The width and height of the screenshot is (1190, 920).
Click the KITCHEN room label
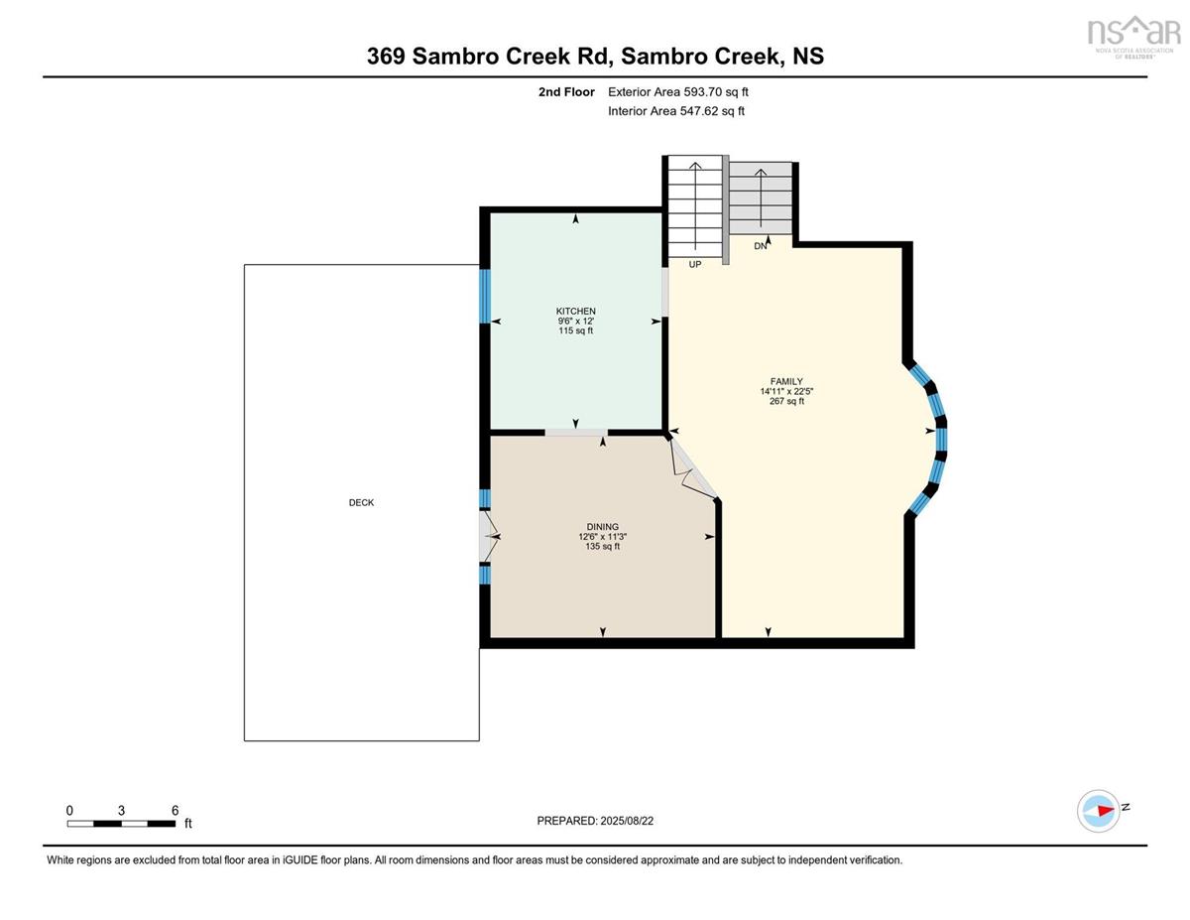tap(575, 311)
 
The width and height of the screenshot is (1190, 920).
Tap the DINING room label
tap(602, 527)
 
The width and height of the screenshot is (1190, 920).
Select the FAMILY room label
tap(786, 381)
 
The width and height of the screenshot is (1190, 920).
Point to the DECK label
tap(361, 502)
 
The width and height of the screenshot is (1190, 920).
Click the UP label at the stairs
tap(695, 265)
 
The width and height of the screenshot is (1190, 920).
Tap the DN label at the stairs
tap(760, 246)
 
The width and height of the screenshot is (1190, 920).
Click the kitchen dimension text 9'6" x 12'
tap(575, 322)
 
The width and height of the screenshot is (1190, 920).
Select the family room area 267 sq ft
tap(786, 401)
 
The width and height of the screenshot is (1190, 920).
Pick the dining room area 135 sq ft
tap(602, 546)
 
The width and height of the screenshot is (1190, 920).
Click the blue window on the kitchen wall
tap(485, 296)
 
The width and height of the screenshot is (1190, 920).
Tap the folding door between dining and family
tap(693, 467)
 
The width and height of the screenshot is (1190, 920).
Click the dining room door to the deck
tap(487, 536)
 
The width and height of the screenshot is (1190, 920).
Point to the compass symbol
tap(1098, 811)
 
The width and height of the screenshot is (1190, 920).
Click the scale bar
tap(121, 824)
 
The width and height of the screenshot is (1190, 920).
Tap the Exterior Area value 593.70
tap(703, 92)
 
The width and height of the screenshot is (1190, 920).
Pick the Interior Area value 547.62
tap(699, 111)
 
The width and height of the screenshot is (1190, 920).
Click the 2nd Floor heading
tap(566, 92)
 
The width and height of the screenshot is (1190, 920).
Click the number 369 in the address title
tap(386, 56)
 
